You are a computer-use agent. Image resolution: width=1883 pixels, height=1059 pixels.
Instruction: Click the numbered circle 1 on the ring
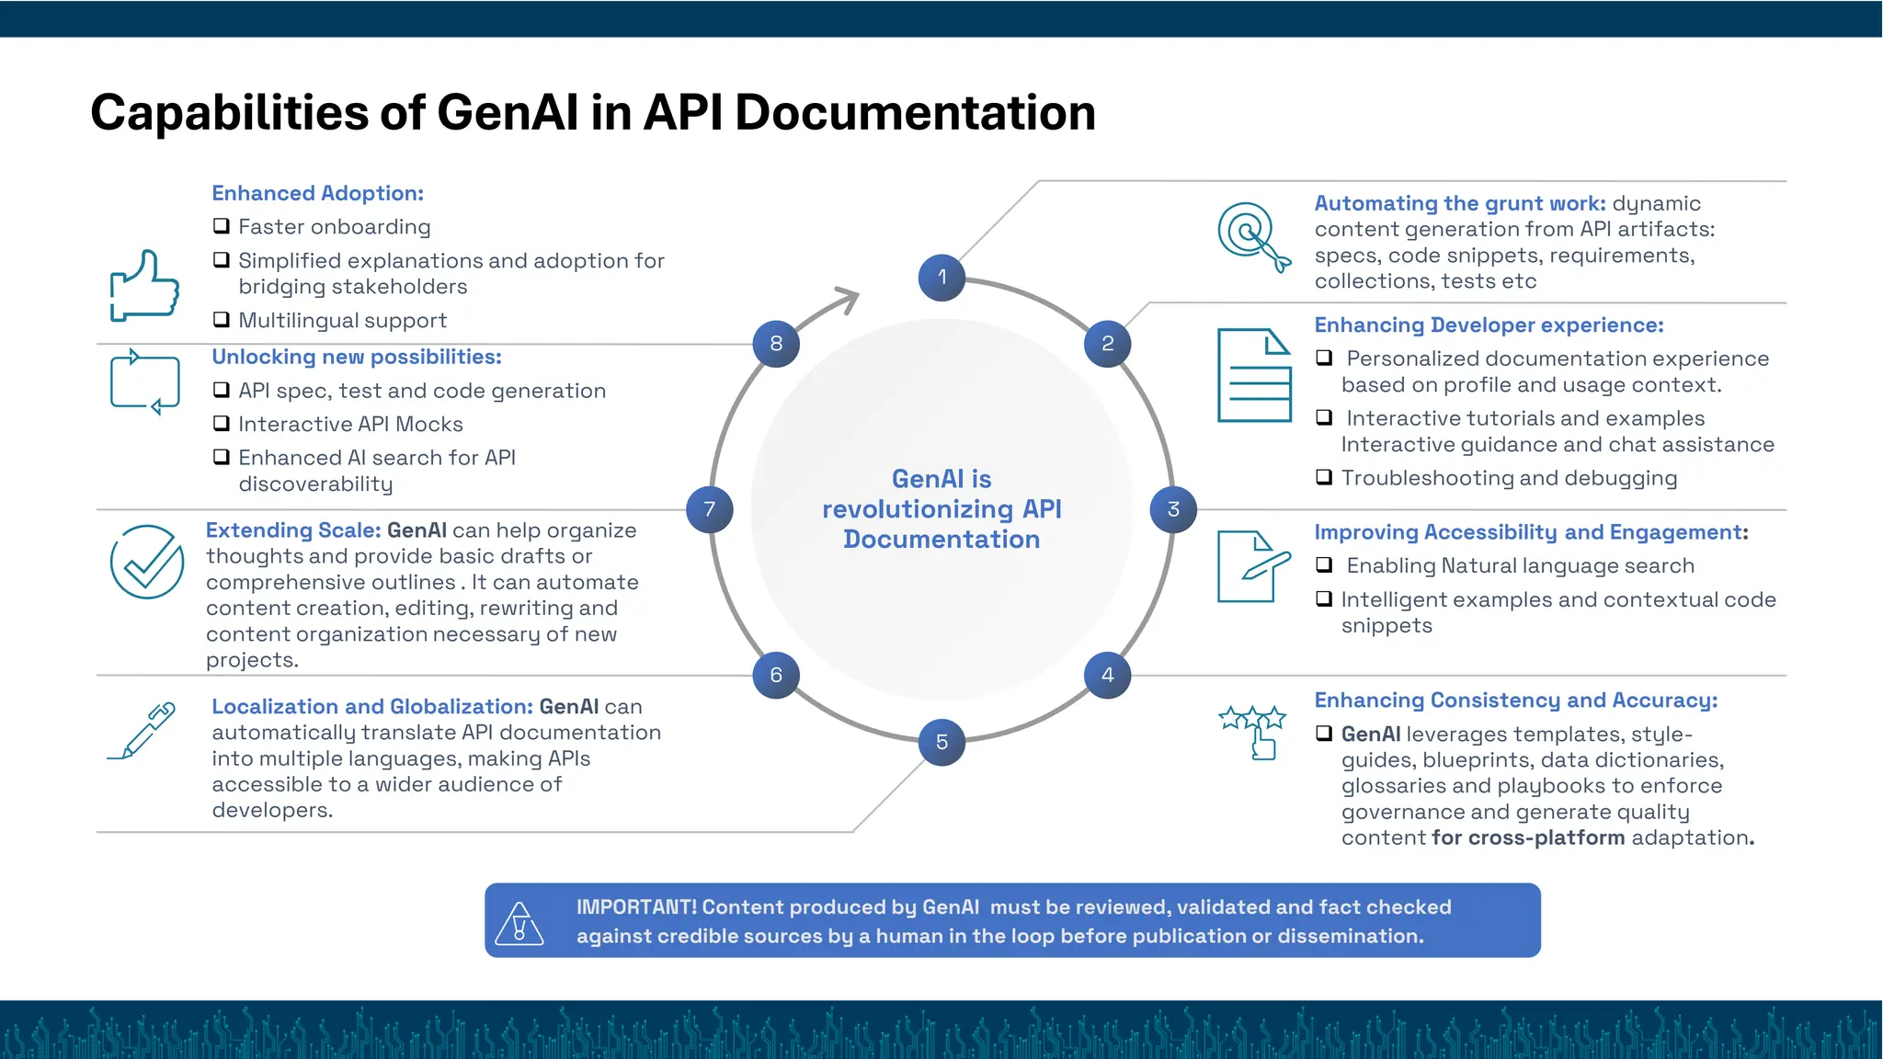(941, 277)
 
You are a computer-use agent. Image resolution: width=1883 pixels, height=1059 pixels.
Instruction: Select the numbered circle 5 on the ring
(941, 742)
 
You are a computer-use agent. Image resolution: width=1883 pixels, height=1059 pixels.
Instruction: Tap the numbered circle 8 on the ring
(776, 344)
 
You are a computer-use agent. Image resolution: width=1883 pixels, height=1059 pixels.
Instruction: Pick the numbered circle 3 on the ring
(1173, 509)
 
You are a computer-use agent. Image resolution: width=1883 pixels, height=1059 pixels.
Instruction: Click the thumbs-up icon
(144, 286)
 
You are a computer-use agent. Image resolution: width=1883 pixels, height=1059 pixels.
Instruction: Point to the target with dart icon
(1253, 236)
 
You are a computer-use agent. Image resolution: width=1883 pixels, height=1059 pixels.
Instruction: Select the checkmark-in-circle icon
(147, 562)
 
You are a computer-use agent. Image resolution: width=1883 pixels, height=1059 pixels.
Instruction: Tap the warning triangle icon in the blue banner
(519, 923)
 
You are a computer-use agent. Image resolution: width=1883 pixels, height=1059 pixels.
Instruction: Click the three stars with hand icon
(1252, 731)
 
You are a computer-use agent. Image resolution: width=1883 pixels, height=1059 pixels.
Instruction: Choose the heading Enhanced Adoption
(317, 193)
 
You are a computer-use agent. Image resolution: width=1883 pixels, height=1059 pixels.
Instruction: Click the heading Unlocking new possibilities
(357, 357)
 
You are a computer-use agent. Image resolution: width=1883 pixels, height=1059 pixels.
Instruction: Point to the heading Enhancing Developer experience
(1489, 325)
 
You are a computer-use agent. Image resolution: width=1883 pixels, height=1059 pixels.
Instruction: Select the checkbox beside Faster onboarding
(222, 226)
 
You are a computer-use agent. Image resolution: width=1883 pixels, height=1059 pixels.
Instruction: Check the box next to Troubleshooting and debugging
(1324, 477)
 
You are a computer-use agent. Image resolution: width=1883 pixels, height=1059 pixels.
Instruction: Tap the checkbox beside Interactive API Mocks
(222, 424)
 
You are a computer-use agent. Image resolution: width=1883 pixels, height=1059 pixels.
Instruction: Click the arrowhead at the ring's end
(848, 299)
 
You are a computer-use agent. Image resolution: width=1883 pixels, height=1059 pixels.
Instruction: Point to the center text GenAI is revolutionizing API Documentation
(941, 509)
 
